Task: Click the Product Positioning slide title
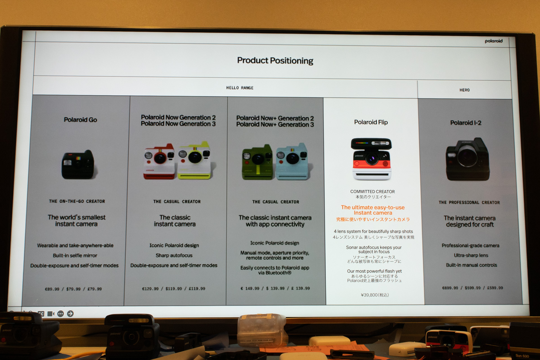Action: (275, 61)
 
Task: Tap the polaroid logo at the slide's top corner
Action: (493, 41)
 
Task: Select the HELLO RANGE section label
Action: (240, 88)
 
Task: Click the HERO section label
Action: (464, 90)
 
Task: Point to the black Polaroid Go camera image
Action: (79, 164)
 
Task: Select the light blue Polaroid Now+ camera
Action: (292, 162)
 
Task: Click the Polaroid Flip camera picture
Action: (372, 159)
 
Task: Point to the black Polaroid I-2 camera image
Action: (468, 159)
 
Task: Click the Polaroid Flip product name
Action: (371, 122)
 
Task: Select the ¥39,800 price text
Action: (375, 295)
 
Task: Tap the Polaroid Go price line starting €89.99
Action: (73, 289)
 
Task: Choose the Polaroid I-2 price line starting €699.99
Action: (472, 288)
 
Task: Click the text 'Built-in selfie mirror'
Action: (75, 256)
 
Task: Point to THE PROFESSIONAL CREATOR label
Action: (469, 202)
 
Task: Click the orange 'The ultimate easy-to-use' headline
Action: (373, 207)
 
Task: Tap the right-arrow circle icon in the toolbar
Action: (70, 314)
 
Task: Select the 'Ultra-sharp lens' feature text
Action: (471, 255)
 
